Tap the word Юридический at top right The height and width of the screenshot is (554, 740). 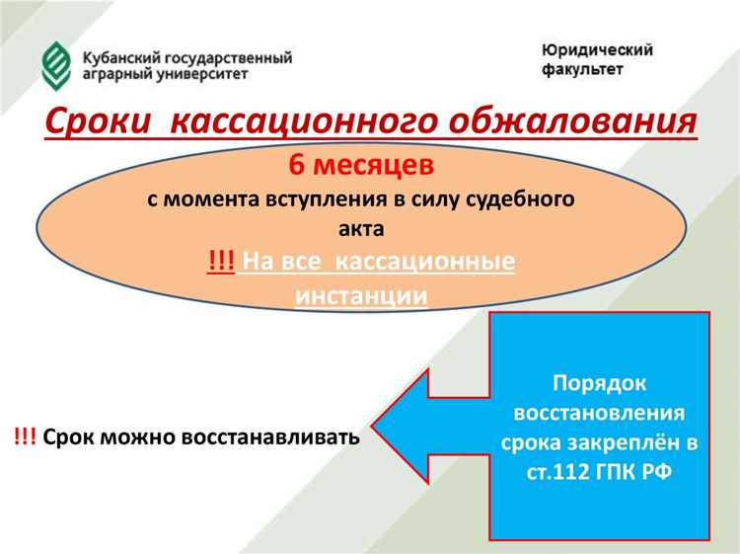click(596, 49)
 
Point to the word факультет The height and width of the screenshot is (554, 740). click(581, 69)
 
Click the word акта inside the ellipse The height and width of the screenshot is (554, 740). click(361, 227)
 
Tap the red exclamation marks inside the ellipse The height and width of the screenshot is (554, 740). click(220, 262)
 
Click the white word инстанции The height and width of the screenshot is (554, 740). click(361, 294)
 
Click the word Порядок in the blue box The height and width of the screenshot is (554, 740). click(600, 381)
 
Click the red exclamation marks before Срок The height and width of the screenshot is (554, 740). click(25, 436)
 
